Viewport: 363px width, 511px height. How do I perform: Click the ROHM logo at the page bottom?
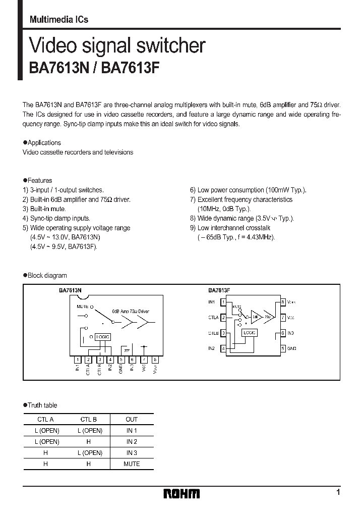[182, 493]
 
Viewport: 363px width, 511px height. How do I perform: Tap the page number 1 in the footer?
[338, 492]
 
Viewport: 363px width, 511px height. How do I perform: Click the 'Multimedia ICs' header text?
[59, 20]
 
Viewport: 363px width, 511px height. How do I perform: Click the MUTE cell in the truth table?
[132, 464]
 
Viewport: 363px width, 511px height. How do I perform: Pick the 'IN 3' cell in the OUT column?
[132, 452]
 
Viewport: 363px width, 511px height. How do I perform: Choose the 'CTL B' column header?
[88, 419]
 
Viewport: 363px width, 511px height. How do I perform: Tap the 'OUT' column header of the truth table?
[132, 419]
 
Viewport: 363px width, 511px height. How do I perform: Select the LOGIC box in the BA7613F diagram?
[249, 333]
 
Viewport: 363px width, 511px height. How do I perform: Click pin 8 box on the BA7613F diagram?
[283, 302]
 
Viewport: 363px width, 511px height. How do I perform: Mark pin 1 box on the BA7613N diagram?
[77, 360]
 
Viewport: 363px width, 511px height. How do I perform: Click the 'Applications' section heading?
[44, 142]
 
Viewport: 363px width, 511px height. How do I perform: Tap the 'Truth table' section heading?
[42, 405]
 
